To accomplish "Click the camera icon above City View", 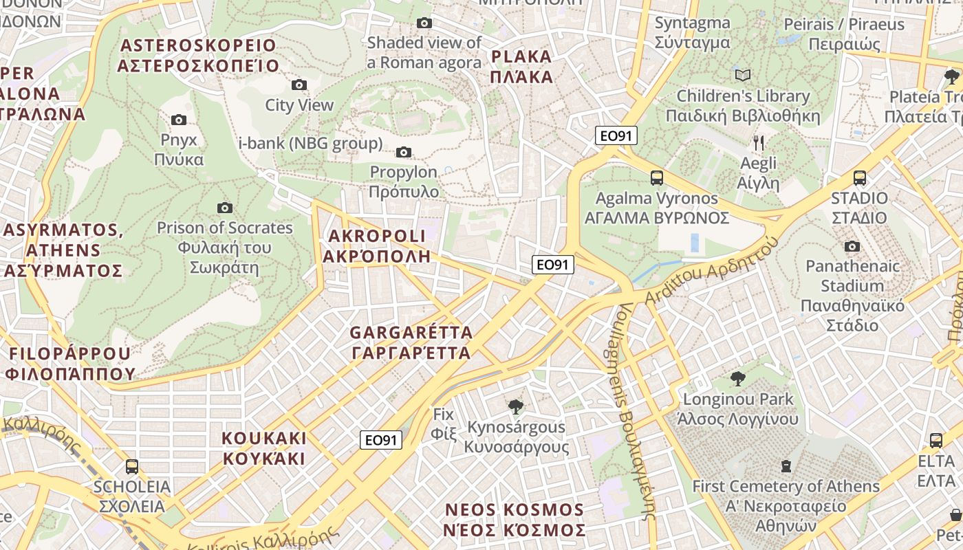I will [x=299, y=85].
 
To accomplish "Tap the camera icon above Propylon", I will [x=404, y=152].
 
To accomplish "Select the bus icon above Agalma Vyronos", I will [x=657, y=178].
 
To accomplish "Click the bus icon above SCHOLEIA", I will [x=132, y=467].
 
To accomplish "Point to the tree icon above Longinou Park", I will [x=738, y=378].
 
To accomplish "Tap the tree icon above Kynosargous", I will [x=516, y=407].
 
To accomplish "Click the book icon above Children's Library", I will [x=743, y=75].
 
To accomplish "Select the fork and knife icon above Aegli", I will [x=759, y=143].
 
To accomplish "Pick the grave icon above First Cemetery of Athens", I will [x=786, y=466].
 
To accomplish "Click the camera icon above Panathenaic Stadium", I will [x=852, y=246].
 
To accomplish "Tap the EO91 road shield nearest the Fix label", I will [x=381, y=440].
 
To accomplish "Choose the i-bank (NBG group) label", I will [x=310, y=144].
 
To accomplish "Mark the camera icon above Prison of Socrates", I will [x=225, y=208].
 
